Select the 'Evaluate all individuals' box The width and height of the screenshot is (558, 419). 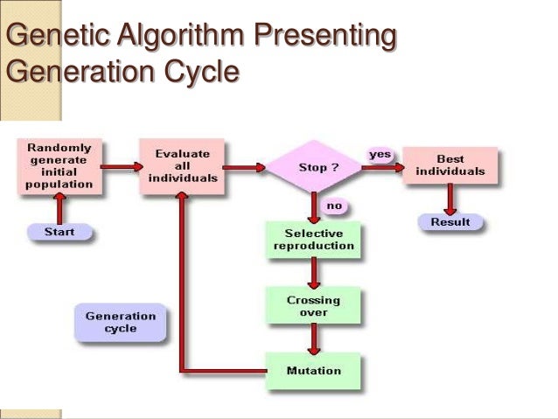click(x=182, y=165)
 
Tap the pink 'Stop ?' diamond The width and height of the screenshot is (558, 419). click(x=313, y=166)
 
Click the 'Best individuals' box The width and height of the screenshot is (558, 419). click(x=450, y=165)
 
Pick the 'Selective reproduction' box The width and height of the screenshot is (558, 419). click(x=313, y=239)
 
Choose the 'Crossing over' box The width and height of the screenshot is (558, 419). click(x=313, y=305)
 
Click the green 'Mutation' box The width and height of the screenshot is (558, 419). click(x=313, y=370)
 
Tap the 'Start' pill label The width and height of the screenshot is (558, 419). click(x=59, y=232)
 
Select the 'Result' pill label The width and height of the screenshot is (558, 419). click(x=450, y=222)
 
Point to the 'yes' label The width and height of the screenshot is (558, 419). click(x=379, y=154)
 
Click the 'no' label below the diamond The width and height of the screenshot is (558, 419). click(x=333, y=206)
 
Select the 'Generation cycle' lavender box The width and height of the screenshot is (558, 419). click(x=121, y=322)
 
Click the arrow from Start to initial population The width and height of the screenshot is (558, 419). click(x=59, y=208)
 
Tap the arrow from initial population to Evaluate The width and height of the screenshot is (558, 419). click(x=121, y=165)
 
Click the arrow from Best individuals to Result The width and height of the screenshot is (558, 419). click(x=450, y=199)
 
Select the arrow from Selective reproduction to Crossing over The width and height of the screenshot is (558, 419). click(x=313, y=272)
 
